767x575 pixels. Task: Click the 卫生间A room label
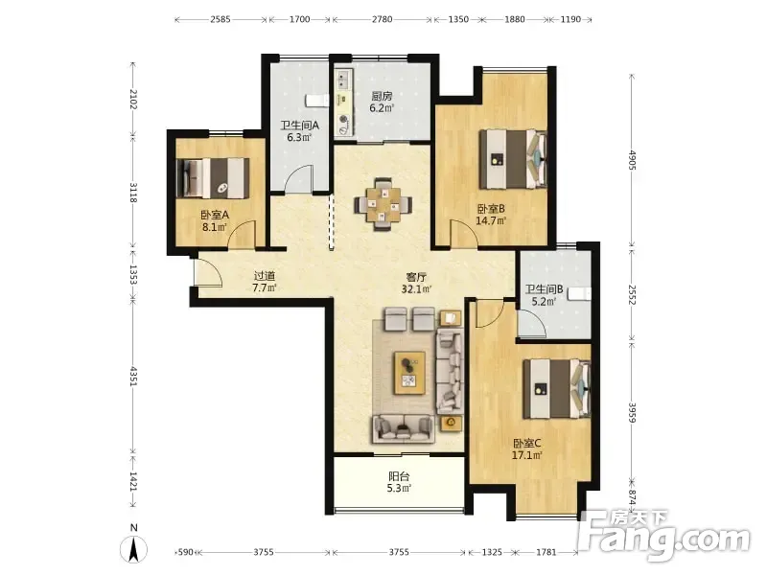click(x=299, y=126)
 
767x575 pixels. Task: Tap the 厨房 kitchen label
click(x=381, y=96)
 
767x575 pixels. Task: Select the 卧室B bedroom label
click(x=491, y=209)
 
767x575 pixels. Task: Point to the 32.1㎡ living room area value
click(x=416, y=289)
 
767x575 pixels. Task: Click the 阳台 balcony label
click(x=399, y=476)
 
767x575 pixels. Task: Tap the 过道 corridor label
click(x=265, y=276)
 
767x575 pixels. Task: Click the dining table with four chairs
click(x=383, y=204)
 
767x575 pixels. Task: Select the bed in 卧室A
click(x=212, y=178)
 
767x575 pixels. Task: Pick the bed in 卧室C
click(x=557, y=389)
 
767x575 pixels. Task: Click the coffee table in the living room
click(x=410, y=373)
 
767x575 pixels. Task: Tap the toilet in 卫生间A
click(x=317, y=101)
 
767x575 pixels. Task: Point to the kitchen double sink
click(x=343, y=80)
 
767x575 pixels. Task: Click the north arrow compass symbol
click(x=133, y=548)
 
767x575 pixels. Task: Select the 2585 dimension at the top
click(x=221, y=19)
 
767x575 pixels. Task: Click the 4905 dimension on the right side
click(x=632, y=160)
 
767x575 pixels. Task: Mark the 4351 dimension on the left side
click(x=133, y=376)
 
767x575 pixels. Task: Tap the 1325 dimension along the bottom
click(x=492, y=552)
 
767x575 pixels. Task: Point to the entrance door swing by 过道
click(x=209, y=272)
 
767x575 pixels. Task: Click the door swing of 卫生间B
click(x=532, y=323)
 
